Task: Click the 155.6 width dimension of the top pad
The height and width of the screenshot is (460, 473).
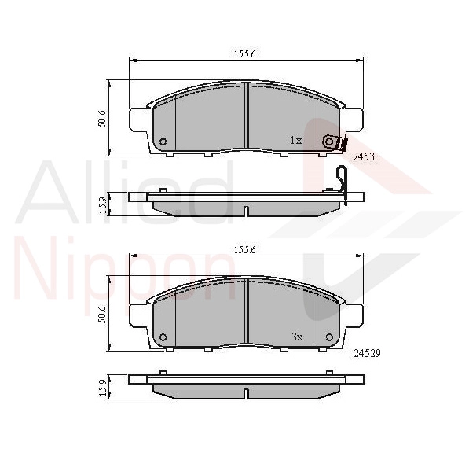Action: (x=245, y=54)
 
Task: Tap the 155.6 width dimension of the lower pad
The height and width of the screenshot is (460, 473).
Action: (x=245, y=250)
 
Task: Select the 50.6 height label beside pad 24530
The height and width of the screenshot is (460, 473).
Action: (x=102, y=119)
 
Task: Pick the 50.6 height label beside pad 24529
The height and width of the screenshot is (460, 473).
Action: (x=102, y=315)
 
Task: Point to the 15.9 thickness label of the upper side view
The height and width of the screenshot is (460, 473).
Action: (x=103, y=205)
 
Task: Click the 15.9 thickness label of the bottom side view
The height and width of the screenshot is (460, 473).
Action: (x=103, y=388)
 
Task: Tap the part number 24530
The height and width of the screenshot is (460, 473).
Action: (x=366, y=157)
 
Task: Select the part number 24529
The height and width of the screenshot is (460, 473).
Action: (x=367, y=353)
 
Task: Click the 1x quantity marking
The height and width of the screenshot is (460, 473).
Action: (x=296, y=140)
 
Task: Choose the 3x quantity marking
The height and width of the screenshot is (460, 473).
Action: (x=297, y=337)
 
